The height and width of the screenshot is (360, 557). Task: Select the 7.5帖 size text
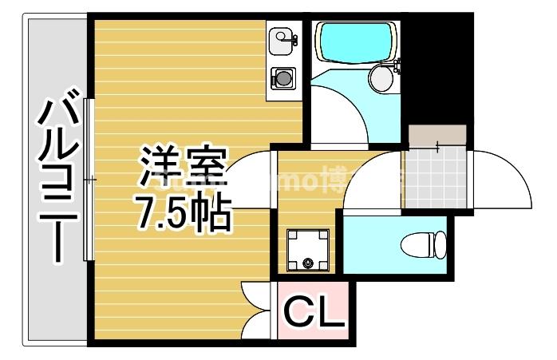pyautogui.click(x=184, y=212)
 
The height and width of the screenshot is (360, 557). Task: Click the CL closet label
pyautogui.click(x=314, y=314)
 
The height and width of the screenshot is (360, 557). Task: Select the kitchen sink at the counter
pyautogui.click(x=282, y=38)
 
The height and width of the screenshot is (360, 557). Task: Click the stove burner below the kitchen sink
pyautogui.click(x=282, y=78)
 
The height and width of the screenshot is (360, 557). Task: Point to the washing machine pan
pyautogui.click(x=307, y=249)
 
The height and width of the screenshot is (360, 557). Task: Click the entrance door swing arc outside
pyautogui.click(x=501, y=177)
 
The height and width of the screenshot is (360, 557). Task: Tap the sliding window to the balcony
pyautogui.click(x=89, y=180)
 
